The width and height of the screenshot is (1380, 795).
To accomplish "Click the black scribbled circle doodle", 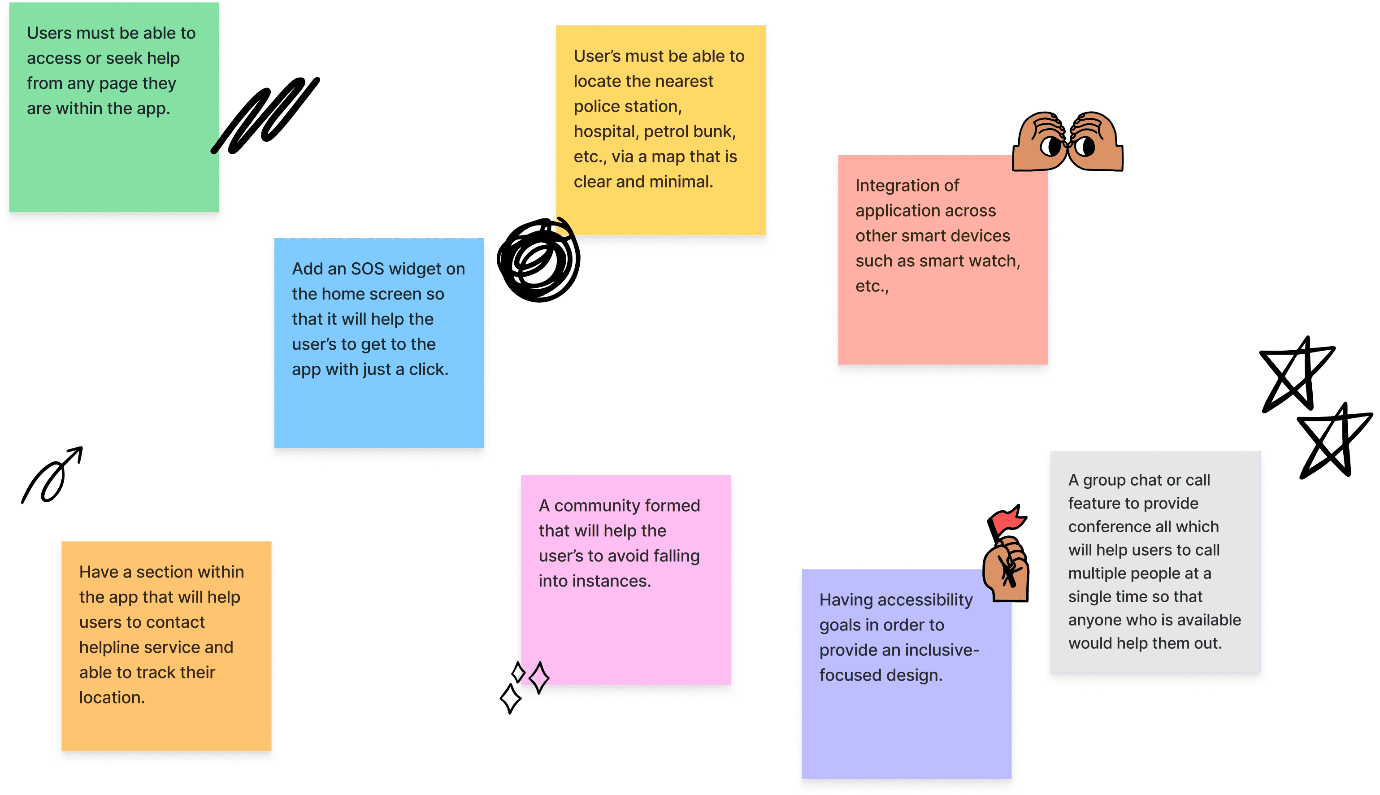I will pos(539,260).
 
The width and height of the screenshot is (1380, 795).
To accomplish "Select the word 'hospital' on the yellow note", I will pos(605,131).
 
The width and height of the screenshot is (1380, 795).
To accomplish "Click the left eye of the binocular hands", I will pos(1050,146).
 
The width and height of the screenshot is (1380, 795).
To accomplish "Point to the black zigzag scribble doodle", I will pos(266,115).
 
